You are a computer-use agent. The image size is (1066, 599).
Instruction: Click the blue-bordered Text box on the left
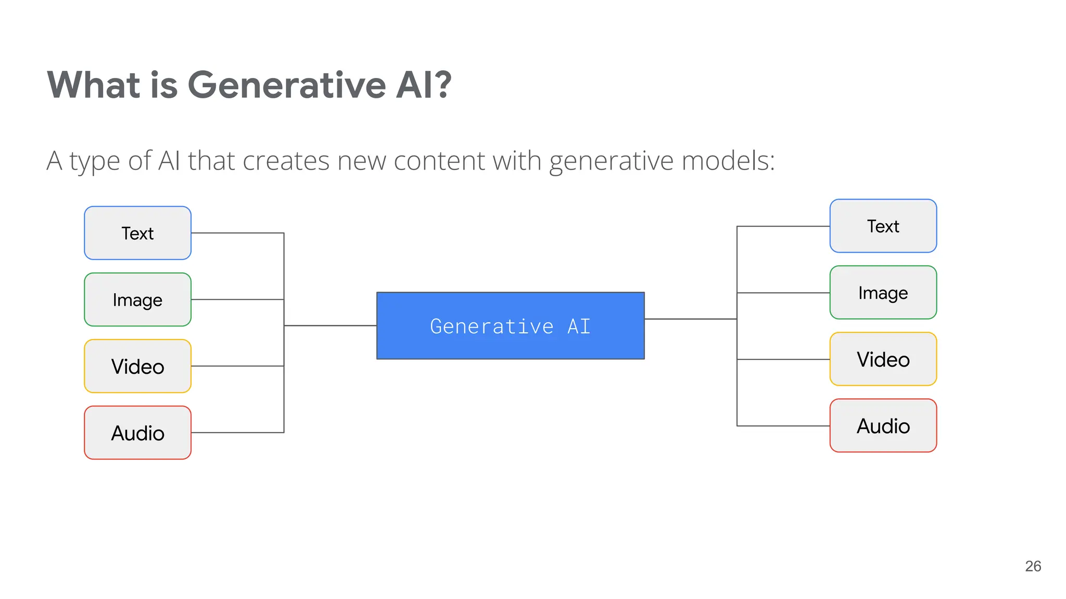click(137, 233)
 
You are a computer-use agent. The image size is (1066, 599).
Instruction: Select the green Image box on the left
click(137, 299)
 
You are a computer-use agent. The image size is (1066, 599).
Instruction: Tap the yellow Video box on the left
click(137, 366)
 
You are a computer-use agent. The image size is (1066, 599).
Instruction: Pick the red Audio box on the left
click(137, 433)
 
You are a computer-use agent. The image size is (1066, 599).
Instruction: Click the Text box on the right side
click(883, 226)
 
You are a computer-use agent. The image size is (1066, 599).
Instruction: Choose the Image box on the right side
click(883, 293)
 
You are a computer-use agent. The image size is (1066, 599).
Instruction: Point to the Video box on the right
click(883, 359)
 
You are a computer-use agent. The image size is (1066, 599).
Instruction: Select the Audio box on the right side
click(883, 426)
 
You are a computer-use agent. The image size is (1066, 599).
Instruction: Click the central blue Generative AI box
click(510, 326)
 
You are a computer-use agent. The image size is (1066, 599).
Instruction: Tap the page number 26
click(1033, 566)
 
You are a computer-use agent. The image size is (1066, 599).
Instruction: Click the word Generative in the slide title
click(286, 85)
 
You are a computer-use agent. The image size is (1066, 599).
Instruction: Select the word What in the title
click(94, 85)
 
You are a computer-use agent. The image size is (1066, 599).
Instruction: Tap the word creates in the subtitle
click(286, 161)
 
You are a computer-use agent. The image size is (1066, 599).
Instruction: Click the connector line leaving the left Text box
click(237, 233)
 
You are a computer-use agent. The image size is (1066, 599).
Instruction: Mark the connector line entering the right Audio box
click(783, 426)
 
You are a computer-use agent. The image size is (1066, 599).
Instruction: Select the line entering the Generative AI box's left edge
click(331, 325)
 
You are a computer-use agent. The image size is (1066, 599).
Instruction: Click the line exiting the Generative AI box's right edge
click(690, 319)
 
